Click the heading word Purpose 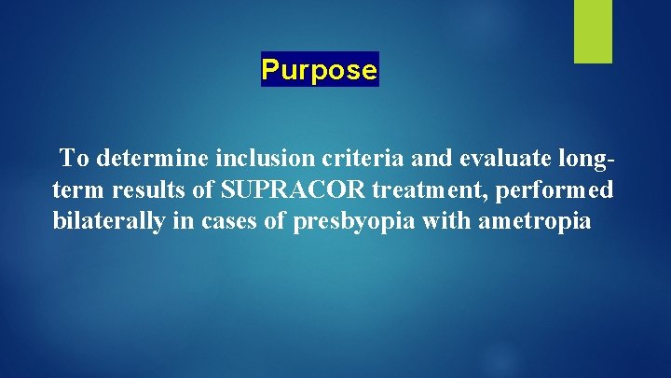(x=320, y=70)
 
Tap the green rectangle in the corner (x=593, y=31)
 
